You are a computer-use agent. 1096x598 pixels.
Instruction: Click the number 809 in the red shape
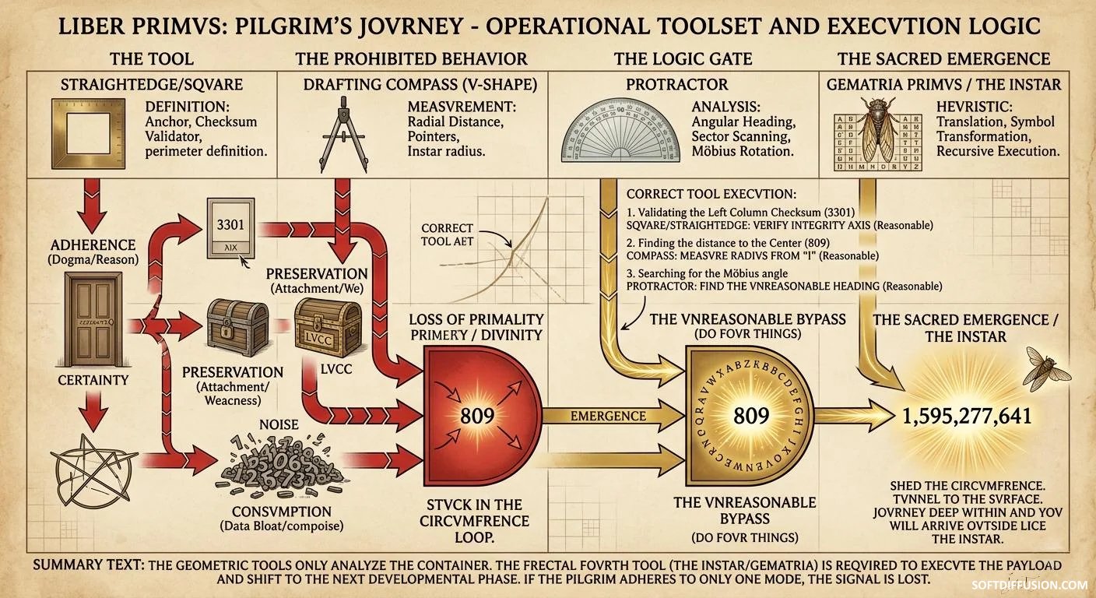[477, 414]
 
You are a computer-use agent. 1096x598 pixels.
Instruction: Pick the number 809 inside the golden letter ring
[751, 415]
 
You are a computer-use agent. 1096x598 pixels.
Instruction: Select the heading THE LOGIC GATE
[683, 59]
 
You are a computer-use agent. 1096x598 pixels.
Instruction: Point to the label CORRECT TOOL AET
[447, 234]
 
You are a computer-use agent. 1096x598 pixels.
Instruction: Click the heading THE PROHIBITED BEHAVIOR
[411, 59]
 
